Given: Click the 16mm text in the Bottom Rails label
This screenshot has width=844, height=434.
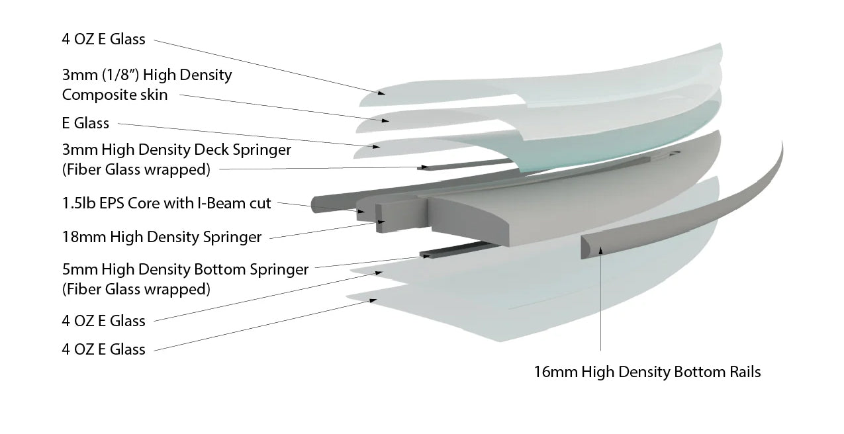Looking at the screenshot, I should tap(555, 372).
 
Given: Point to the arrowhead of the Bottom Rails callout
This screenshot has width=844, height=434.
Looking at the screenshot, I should tap(600, 250).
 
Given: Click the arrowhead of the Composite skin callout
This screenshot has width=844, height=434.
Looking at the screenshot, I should tap(385, 120).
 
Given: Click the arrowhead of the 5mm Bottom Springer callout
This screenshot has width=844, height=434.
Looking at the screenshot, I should tap(427, 256).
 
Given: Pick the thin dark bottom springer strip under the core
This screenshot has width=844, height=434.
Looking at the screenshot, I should tap(457, 249).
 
